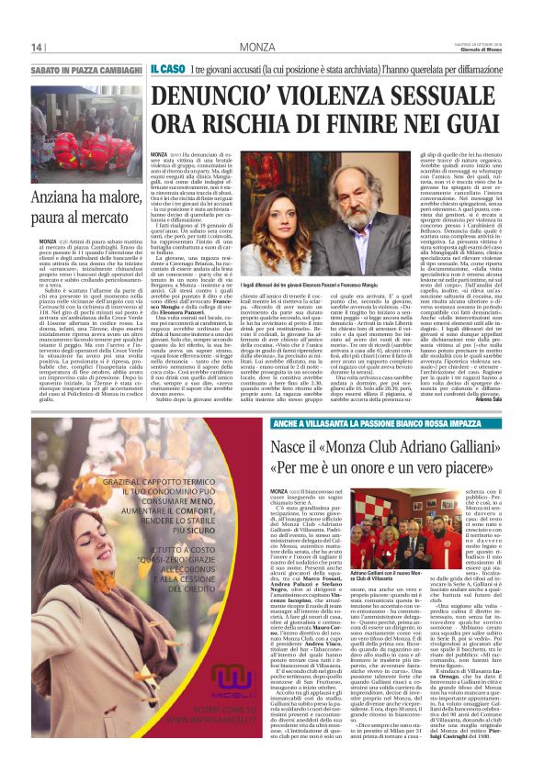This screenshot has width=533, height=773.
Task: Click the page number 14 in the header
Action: (38, 47)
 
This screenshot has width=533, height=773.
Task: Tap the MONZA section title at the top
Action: (255, 47)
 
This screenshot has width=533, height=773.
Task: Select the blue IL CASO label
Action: (168, 70)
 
